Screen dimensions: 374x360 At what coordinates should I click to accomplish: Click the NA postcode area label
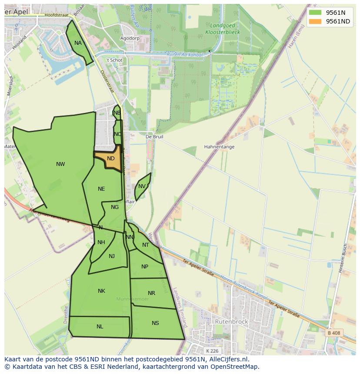pos(78,43)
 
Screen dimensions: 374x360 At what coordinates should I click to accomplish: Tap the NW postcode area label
pos(60,164)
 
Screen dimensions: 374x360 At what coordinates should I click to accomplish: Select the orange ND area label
pos(111,159)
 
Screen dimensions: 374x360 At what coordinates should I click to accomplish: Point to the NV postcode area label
pos(142,186)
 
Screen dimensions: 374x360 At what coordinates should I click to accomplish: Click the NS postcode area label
pos(155,323)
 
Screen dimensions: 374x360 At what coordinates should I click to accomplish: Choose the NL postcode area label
pos(100,327)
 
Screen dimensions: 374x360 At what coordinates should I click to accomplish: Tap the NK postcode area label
pos(101,291)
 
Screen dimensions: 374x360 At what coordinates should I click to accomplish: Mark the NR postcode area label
pos(151,293)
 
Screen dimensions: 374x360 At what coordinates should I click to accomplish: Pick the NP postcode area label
pos(145,267)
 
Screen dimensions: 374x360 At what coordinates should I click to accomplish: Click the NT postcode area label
pos(146,245)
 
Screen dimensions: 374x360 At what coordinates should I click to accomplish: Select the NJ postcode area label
pos(112,256)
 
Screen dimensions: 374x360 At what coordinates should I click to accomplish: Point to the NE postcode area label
pos(101,189)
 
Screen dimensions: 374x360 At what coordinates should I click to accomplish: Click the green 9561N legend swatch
pos(315,13)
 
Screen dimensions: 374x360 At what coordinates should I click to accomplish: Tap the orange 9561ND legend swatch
pos(315,21)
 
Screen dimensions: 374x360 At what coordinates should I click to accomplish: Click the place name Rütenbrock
pos(231,322)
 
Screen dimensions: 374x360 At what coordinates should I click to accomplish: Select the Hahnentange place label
pos(219,147)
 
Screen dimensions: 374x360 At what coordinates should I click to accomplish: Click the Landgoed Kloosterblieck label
pos(222,29)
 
